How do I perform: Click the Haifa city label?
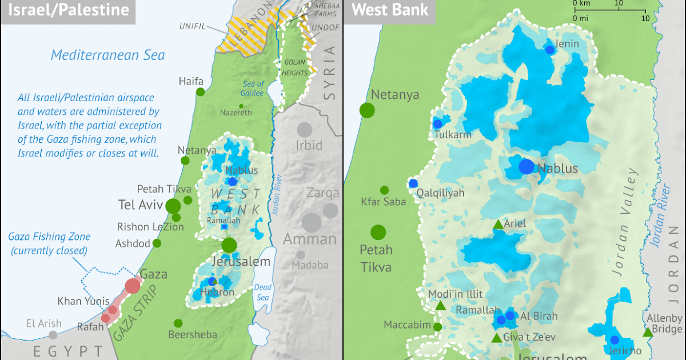click(x=191, y=81)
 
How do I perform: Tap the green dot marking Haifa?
click(x=200, y=91)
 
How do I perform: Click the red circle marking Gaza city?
click(x=133, y=285)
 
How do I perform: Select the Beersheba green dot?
click(x=178, y=323)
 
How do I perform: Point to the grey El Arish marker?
click(x=53, y=335)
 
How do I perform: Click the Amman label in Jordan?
click(x=310, y=239)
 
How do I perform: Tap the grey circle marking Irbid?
click(x=305, y=129)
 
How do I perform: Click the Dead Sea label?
click(x=264, y=292)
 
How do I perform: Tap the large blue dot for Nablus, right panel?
click(x=526, y=167)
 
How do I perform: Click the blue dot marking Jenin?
click(x=550, y=50)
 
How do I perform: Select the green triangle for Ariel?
click(x=498, y=225)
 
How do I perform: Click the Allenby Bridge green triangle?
click(x=647, y=332)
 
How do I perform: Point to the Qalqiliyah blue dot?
click(x=413, y=183)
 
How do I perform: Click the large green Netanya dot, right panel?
click(x=367, y=110)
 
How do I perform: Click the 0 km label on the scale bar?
click(x=581, y=3)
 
